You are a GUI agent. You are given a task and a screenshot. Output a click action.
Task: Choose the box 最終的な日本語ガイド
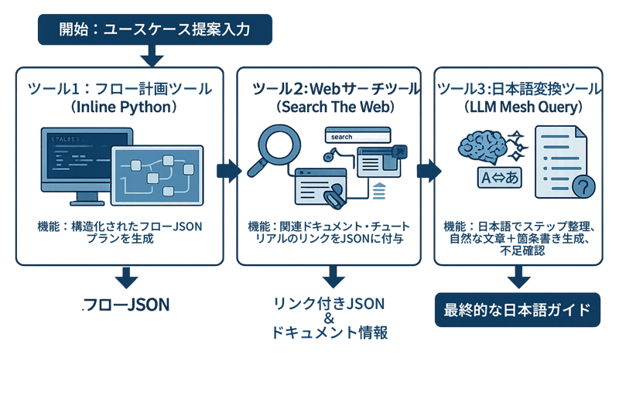click(x=518, y=310)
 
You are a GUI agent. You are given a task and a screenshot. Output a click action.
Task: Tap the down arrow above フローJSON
click(x=125, y=277)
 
